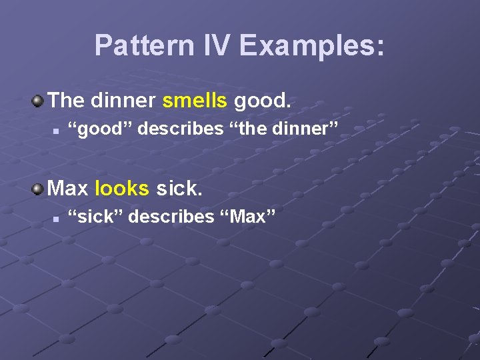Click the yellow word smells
click(x=195, y=101)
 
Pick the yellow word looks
click(x=122, y=189)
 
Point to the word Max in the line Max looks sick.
click(x=69, y=189)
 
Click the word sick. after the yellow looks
click(x=179, y=189)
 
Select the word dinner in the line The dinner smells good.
click(x=123, y=101)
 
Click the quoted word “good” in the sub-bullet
click(x=104, y=128)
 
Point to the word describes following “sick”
click(x=170, y=217)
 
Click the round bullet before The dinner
click(x=37, y=101)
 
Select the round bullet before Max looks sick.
click(x=37, y=189)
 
